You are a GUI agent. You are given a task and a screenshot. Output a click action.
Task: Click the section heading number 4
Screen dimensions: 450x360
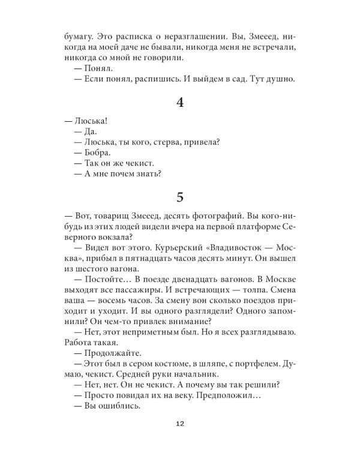click(179, 103)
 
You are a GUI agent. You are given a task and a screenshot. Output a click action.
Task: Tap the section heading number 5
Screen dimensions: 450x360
click(179, 197)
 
